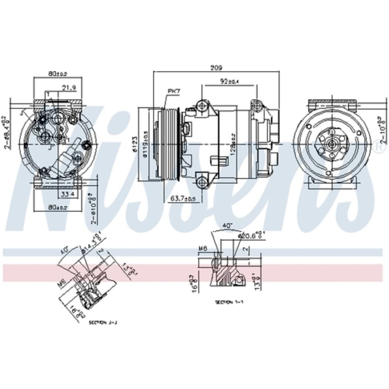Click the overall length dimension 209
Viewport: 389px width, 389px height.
pos(217,68)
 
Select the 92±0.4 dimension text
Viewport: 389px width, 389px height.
pos(229,81)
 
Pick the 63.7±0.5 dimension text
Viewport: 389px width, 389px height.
pos(183,198)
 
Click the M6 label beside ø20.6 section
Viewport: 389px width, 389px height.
pos(203,248)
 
